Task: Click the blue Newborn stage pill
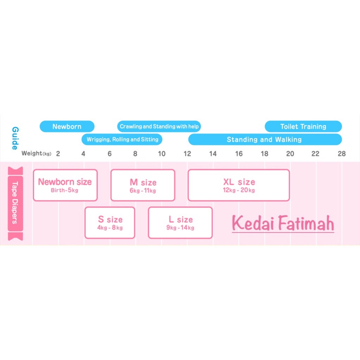(67, 127)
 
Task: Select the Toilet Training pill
(303, 127)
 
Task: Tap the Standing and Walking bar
(265, 140)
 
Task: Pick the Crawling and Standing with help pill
(159, 127)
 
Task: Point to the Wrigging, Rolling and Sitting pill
(122, 140)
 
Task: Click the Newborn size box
(65, 185)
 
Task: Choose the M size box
(143, 185)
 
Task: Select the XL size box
(239, 185)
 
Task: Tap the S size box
(110, 223)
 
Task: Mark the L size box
(180, 223)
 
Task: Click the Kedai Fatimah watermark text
(283, 224)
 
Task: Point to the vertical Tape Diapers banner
(15, 204)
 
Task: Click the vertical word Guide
(15, 138)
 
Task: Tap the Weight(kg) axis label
(36, 154)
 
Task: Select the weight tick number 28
(341, 154)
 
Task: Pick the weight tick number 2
(58, 154)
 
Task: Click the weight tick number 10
(161, 154)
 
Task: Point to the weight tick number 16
(239, 154)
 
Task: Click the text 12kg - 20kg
(239, 191)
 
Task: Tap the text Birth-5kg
(64, 191)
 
